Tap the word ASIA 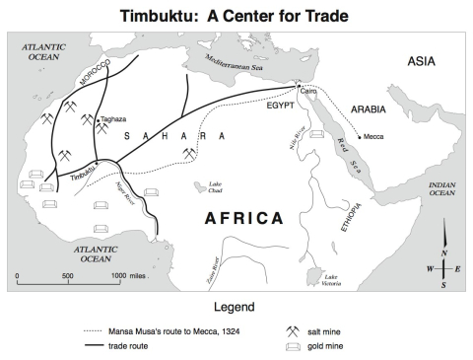(428, 62)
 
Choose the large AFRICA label (244, 218)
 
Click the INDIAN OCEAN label (441, 188)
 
